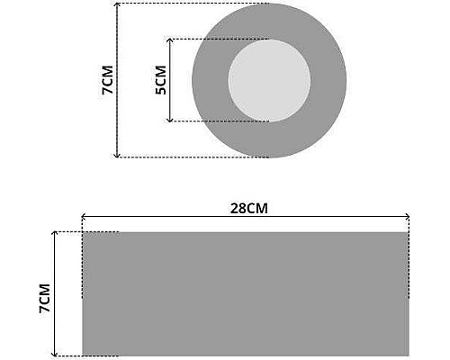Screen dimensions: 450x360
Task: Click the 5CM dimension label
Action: click(x=161, y=80)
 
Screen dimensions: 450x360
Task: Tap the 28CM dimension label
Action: click(x=249, y=208)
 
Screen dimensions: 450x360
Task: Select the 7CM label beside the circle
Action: click(x=107, y=80)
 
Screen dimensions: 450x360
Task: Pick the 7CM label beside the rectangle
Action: click(x=44, y=298)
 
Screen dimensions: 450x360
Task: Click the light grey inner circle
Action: click(x=269, y=80)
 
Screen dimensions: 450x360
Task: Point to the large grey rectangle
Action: click(x=246, y=294)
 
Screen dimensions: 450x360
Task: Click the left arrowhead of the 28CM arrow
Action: click(x=84, y=217)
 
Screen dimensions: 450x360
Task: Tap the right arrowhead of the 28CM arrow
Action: click(x=407, y=217)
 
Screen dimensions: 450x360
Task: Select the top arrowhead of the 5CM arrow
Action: click(x=170, y=40)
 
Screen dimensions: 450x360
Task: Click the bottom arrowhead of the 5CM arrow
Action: click(x=170, y=120)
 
